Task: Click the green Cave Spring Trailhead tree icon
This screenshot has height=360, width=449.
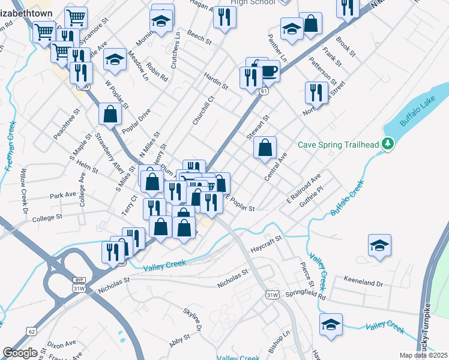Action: [x=389, y=144]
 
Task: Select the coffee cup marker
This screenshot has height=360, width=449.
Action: [x=268, y=71]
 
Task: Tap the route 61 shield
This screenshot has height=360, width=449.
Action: [x=264, y=91]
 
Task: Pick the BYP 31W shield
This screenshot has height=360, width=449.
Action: [x=79, y=284]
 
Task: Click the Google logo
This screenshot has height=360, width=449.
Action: [x=20, y=353]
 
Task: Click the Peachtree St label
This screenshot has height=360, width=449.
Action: [x=67, y=124]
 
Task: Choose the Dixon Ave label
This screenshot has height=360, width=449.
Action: [x=62, y=344]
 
